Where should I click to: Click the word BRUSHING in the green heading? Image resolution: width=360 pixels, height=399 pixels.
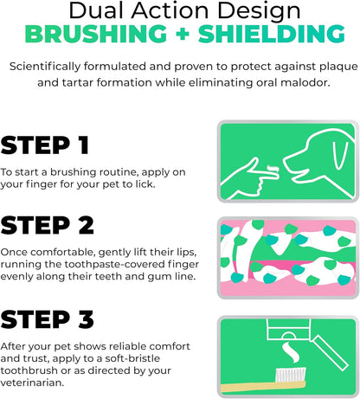(96, 34)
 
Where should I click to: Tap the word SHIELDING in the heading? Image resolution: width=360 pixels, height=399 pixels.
(272, 34)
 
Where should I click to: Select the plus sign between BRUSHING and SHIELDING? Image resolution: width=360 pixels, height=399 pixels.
(183, 34)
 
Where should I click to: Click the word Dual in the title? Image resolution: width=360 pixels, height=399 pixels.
(98, 10)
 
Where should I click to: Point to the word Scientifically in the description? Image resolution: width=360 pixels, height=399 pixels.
(45, 67)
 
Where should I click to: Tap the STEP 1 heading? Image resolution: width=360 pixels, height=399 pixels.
(45, 145)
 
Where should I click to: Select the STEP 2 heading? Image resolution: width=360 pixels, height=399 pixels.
(47, 225)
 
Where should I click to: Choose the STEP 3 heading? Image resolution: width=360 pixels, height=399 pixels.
(47, 319)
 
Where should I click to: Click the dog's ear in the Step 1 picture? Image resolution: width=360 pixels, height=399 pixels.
(339, 155)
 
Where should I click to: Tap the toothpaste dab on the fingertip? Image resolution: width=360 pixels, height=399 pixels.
(273, 170)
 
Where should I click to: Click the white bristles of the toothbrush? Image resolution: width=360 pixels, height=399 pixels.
(291, 375)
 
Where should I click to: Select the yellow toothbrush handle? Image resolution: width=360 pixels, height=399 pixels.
(263, 387)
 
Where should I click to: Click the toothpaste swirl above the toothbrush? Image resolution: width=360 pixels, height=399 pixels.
(291, 352)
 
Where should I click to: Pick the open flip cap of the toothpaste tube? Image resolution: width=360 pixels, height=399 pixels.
(331, 352)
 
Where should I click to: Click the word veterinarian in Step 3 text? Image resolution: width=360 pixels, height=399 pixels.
(32, 383)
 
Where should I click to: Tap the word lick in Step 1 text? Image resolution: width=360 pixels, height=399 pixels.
(145, 184)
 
